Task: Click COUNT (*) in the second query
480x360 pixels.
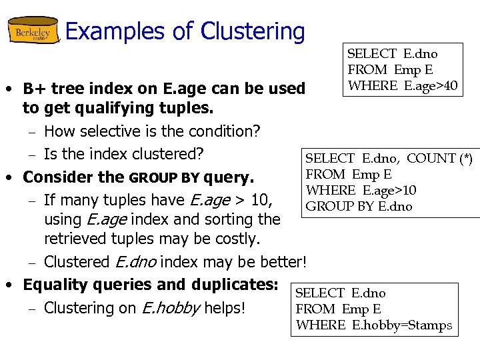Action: click(439, 158)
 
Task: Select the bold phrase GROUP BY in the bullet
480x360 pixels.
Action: click(165, 178)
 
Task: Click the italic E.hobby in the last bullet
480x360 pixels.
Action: click(169, 308)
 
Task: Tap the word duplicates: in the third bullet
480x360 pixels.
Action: click(234, 285)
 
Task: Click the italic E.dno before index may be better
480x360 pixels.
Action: click(136, 262)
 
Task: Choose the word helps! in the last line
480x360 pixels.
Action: click(225, 308)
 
